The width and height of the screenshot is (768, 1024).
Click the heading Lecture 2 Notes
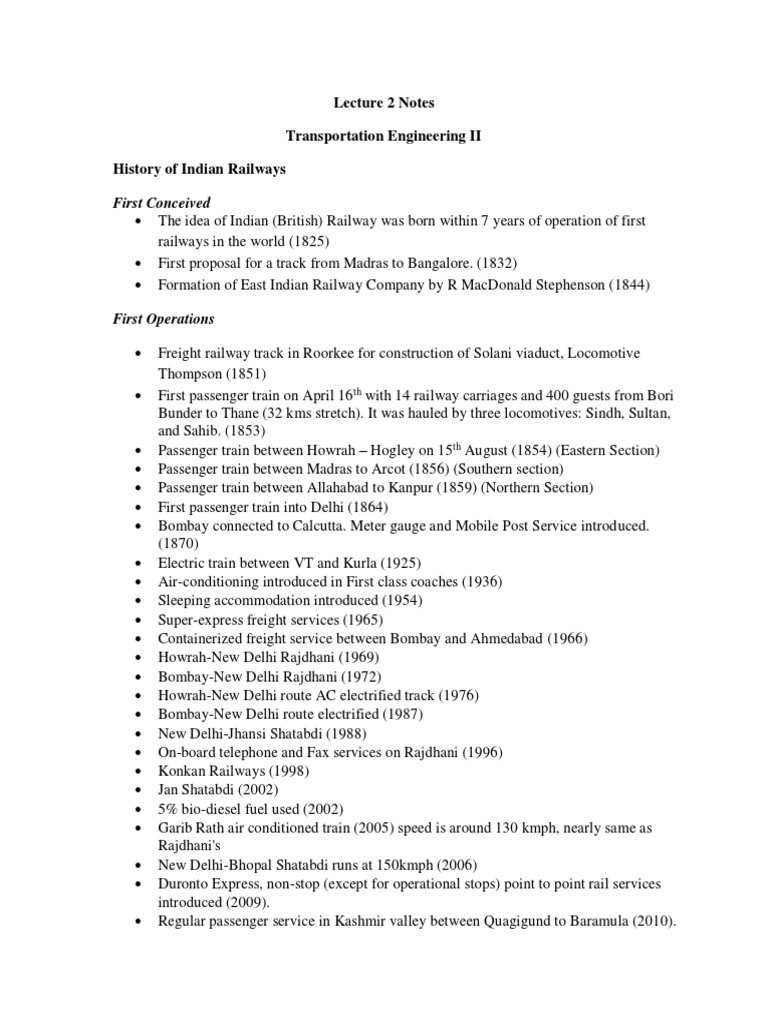[x=383, y=102]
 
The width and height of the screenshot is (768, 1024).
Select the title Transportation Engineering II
[x=383, y=136]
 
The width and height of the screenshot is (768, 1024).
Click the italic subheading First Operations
[x=163, y=319]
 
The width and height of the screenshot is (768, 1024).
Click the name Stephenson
[x=559, y=285]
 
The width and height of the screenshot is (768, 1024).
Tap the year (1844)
[x=624, y=285]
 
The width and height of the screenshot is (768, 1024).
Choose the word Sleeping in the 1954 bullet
[x=186, y=600]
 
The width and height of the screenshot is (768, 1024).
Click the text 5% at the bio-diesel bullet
[x=168, y=808]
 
